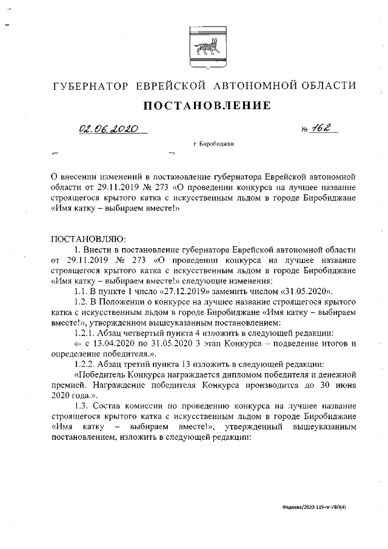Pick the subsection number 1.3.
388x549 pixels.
click(81, 406)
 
